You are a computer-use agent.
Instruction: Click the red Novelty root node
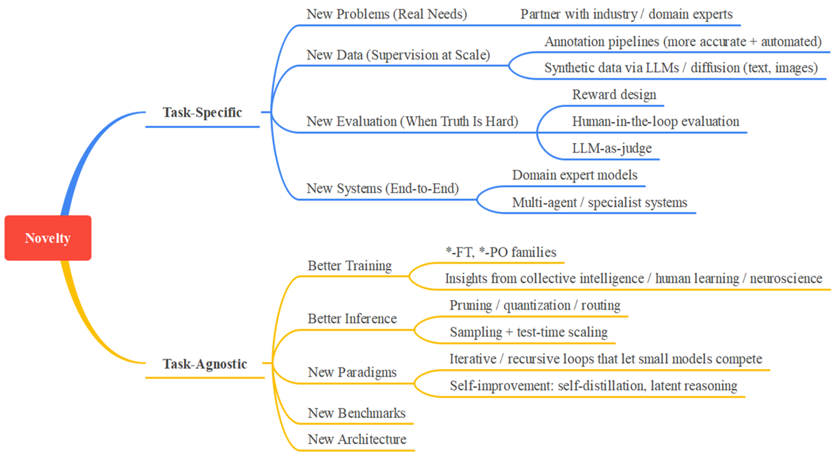click(48, 238)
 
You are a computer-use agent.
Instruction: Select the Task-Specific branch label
click(202, 113)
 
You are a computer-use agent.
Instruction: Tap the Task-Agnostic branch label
click(204, 364)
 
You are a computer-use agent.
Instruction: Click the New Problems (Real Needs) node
click(387, 15)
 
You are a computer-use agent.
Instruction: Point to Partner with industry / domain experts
click(626, 15)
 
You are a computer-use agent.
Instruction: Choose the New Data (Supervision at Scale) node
click(398, 55)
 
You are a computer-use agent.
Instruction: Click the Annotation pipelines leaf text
click(683, 41)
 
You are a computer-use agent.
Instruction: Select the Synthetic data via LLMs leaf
click(680, 68)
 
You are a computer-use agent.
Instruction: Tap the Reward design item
click(614, 95)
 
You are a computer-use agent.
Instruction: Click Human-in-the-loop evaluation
click(655, 121)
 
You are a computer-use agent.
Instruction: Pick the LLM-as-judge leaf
click(612, 148)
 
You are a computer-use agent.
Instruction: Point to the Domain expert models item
click(575, 175)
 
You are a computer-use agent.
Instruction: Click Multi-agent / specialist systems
click(599, 202)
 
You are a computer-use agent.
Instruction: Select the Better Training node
click(349, 266)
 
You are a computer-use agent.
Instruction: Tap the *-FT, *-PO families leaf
click(501, 252)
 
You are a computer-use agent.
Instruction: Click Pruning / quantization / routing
click(534, 305)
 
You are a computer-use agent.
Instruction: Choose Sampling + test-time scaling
click(528, 332)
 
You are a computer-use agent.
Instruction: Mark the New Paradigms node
click(352, 372)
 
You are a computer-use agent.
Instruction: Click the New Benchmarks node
click(356, 413)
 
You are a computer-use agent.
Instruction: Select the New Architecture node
click(357, 439)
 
